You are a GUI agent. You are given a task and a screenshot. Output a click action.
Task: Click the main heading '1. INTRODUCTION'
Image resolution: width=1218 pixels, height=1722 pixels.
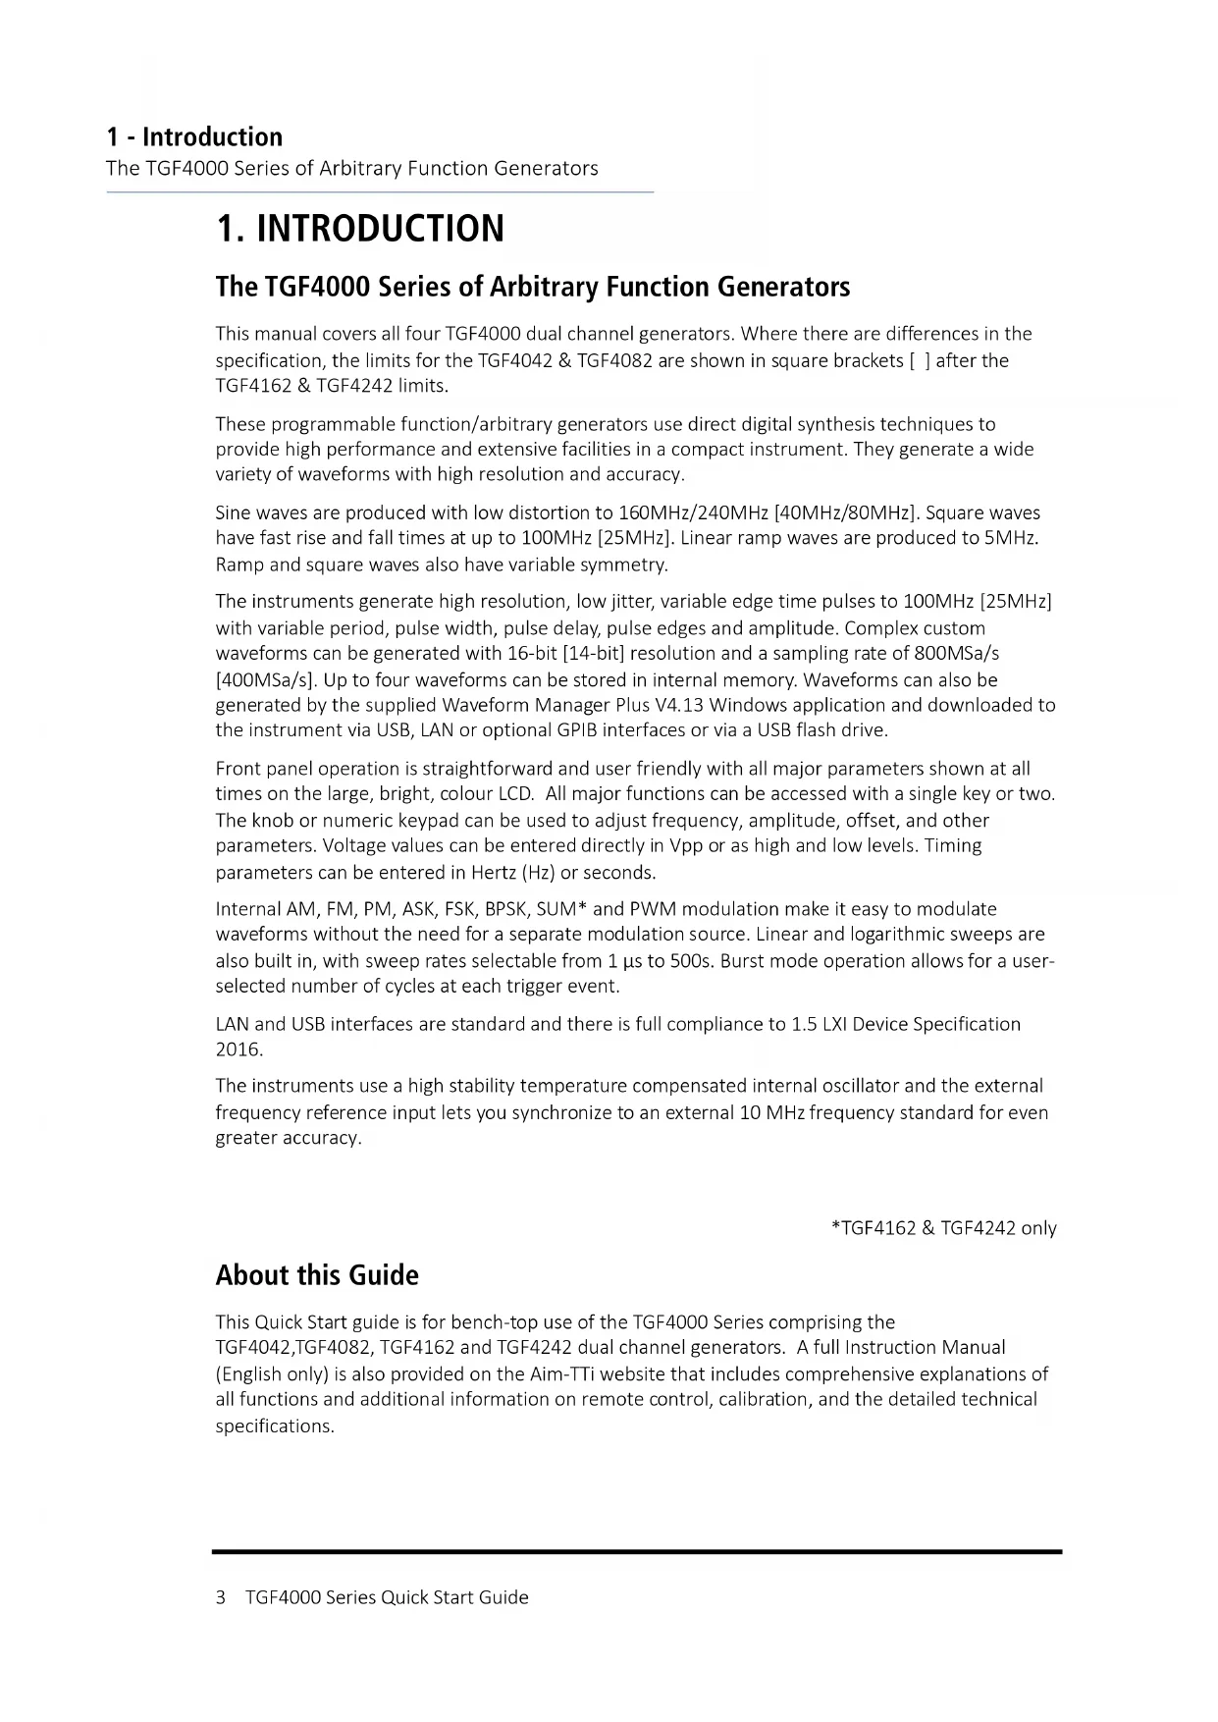pyautogui.click(x=359, y=229)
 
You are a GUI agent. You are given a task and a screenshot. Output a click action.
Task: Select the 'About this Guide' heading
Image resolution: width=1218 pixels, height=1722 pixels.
pyautogui.click(x=317, y=1275)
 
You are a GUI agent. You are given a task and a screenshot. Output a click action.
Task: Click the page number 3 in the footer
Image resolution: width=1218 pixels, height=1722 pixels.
pyautogui.click(x=221, y=1597)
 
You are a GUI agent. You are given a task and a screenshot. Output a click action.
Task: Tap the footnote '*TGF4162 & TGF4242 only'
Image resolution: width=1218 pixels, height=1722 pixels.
pyautogui.click(x=943, y=1228)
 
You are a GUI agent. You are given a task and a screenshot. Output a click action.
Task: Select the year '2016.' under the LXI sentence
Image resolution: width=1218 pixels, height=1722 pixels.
pyautogui.click(x=239, y=1049)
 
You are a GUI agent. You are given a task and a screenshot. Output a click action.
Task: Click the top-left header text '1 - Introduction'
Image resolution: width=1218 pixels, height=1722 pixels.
pyautogui.click(x=194, y=136)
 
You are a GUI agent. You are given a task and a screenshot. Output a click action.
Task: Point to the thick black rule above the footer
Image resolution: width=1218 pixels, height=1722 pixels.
pyautogui.click(x=637, y=1552)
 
